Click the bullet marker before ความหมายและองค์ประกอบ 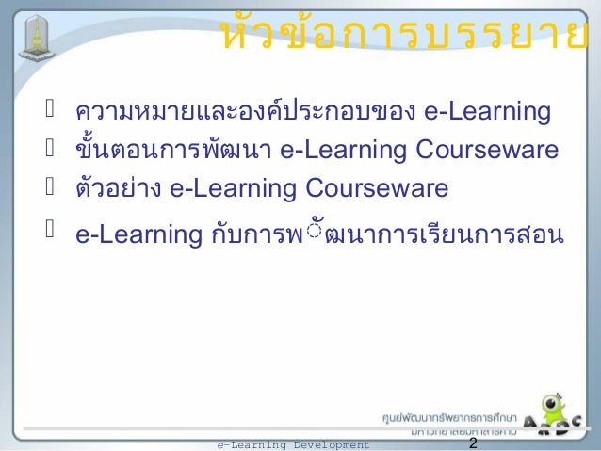click(55, 114)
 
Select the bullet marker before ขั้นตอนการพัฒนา click(55, 151)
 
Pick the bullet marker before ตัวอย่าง click(55, 187)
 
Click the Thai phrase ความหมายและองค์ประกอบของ click(246, 114)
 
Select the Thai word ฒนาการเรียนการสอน click(444, 234)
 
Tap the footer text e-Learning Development click(293, 444)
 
